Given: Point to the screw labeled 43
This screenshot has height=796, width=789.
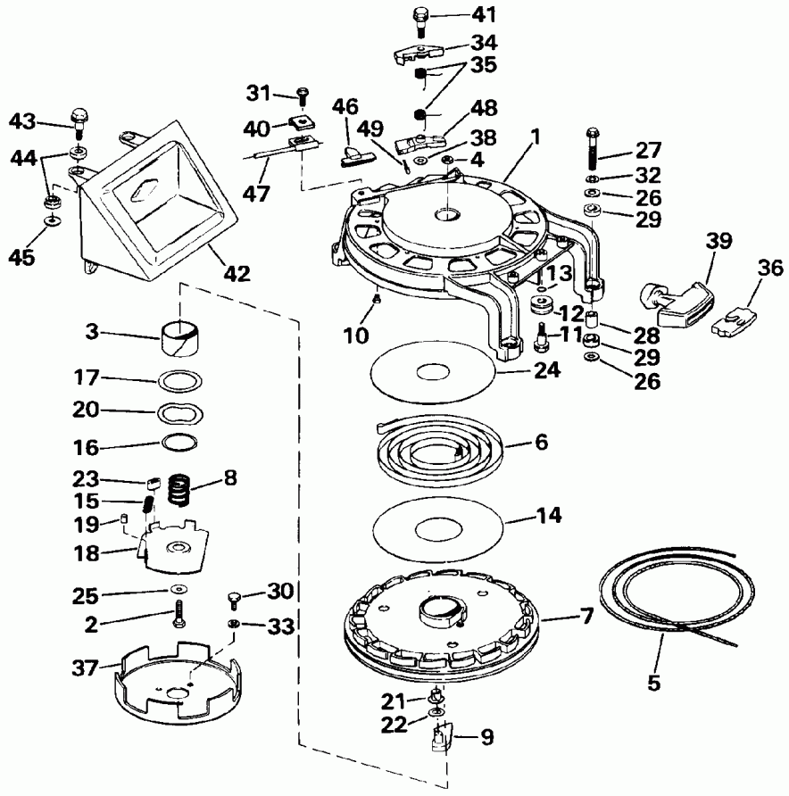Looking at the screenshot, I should [x=79, y=119].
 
